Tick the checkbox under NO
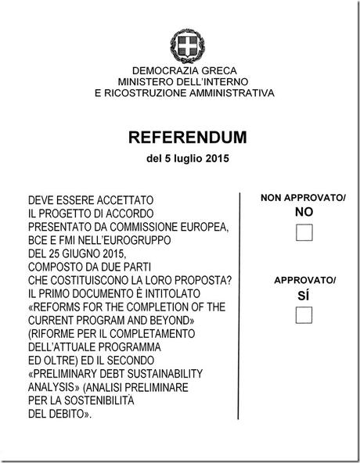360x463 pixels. pos(304,231)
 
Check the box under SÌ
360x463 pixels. pos(304,314)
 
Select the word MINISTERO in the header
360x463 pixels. pos(146,81)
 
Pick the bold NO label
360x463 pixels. pos(304,212)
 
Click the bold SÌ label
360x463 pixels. pos(304,295)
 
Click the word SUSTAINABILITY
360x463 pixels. pos(151,374)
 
